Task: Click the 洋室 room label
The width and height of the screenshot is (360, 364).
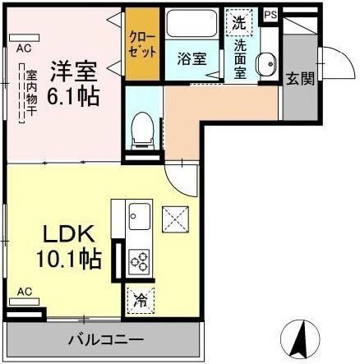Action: click(x=73, y=68)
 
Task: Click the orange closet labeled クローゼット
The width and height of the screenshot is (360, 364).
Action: click(x=142, y=45)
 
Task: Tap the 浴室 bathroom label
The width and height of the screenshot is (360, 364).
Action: click(x=188, y=59)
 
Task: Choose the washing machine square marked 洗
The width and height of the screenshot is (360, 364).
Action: click(x=238, y=23)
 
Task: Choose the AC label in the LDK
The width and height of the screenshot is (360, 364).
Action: click(x=25, y=291)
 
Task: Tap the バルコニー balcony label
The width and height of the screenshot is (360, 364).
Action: click(x=106, y=339)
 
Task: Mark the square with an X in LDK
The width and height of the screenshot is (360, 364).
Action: click(x=175, y=218)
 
